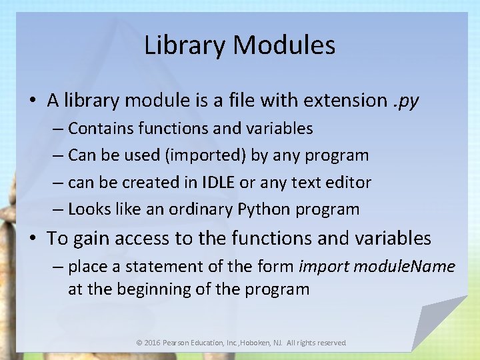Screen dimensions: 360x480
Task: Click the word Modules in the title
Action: (285, 45)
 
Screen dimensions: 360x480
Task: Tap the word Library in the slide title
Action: (185, 45)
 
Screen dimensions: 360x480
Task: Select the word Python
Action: (264, 209)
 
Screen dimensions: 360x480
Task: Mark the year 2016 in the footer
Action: (153, 343)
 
